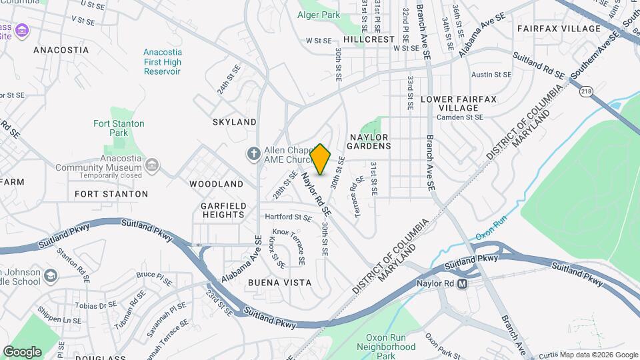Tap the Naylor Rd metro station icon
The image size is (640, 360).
(479, 283)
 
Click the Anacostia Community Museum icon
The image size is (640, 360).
(152, 165)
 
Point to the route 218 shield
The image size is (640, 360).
(586, 91)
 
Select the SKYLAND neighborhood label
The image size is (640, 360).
(234, 122)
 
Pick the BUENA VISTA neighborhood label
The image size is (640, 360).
(279, 283)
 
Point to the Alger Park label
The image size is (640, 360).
(319, 15)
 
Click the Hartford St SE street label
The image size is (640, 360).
(288, 217)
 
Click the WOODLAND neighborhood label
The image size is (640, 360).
(216, 183)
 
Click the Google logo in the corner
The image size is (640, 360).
(22, 352)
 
